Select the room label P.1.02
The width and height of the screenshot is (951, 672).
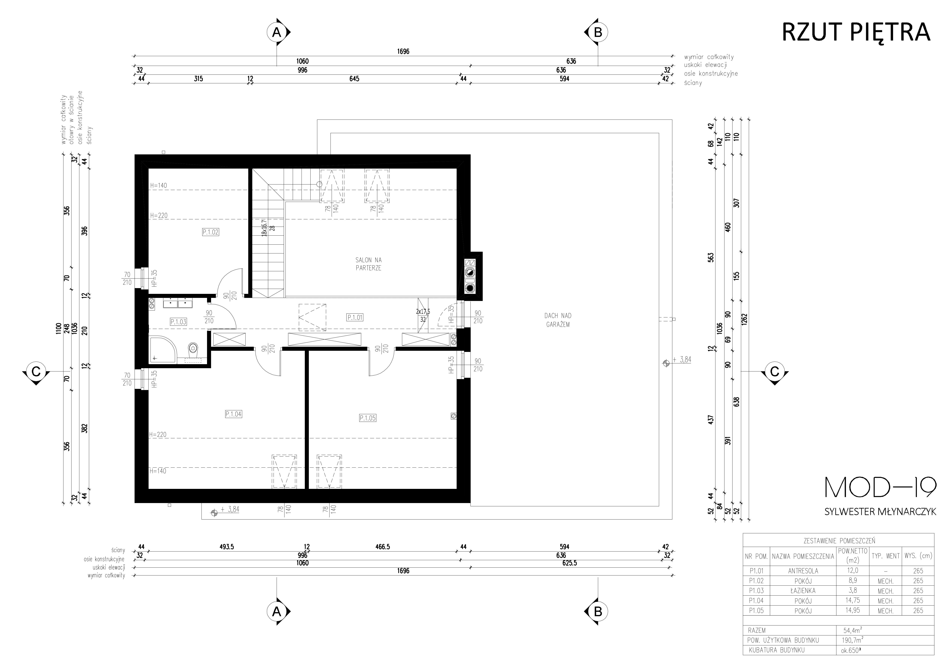[x=210, y=232]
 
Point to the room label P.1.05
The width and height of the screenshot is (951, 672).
[x=367, y=418]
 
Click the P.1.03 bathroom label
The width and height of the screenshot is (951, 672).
[x=178, y=321]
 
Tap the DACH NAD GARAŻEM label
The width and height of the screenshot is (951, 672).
[x=558, y=320]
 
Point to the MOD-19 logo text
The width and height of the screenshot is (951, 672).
[x=880, y=488]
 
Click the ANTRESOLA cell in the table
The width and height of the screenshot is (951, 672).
[x=803, y=571]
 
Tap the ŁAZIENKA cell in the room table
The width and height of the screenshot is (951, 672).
[x=803, y=590]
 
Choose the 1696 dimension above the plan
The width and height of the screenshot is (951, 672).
[x=403, y=52]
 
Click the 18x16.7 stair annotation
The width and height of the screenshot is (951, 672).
[x=264, y=227]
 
